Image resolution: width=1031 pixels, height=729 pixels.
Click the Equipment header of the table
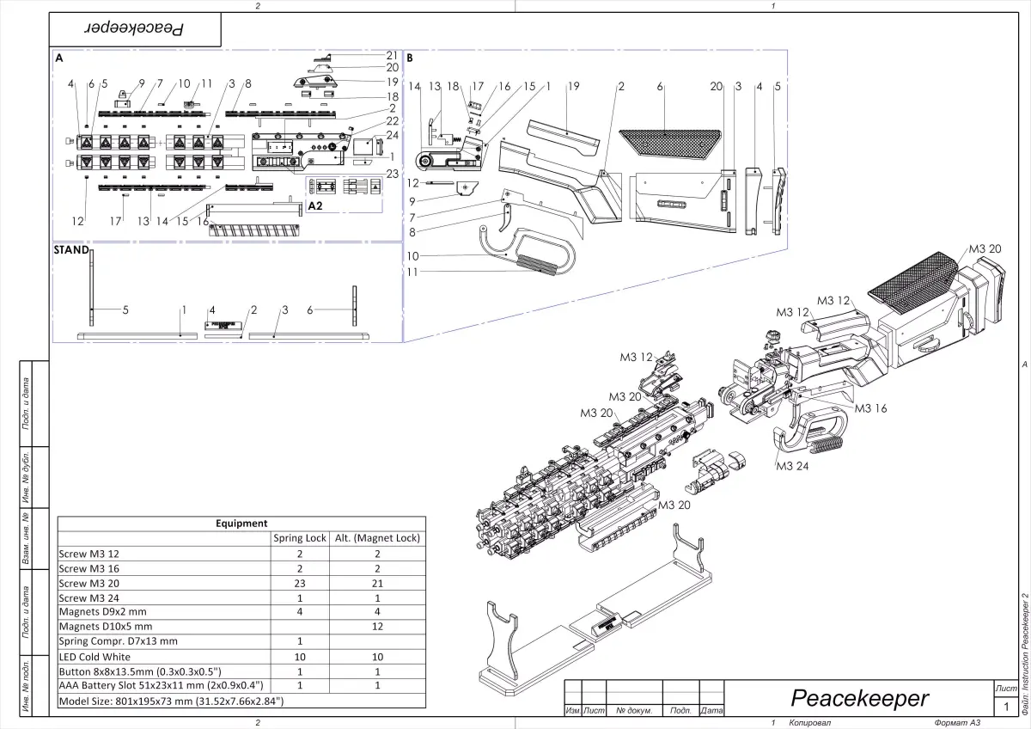[241, 523]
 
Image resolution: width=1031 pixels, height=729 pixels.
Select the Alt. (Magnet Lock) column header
[377, 538]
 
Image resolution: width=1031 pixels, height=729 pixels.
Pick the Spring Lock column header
[300, 538]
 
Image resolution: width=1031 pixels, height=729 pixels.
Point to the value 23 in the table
[300, 583]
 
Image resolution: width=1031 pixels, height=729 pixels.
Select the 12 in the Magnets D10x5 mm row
[377, 627]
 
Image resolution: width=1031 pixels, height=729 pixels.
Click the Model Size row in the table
[170, 701]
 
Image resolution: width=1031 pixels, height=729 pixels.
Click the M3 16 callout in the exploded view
[870, 409]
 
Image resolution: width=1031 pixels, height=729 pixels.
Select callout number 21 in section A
[392, 55]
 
